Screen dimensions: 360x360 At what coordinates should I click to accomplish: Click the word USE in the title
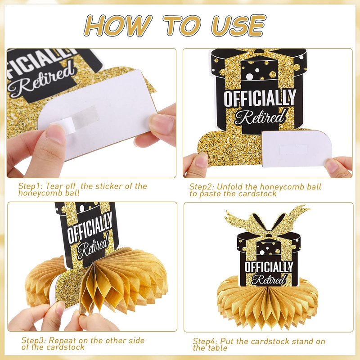pos(239,25)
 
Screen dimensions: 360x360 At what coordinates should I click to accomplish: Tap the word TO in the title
pos(182,25)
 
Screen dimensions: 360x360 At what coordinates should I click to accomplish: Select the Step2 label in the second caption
pos(202,186)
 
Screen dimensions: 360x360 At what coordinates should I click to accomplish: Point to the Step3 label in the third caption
pos(34,340)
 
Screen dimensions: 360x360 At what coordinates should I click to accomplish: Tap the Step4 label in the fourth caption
pos(206,341)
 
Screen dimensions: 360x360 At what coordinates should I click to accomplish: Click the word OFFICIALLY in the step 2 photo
pos(260,98)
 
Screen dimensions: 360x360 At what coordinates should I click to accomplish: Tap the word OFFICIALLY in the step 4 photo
pos(269,267)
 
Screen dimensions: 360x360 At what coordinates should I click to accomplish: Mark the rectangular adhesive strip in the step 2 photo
pos(294,149)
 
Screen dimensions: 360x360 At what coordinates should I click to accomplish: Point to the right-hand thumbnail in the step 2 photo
pos(332,166)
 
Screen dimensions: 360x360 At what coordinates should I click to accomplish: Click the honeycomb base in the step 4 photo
pos(267,303)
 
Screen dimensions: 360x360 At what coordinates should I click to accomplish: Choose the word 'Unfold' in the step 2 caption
pos(229,186)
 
